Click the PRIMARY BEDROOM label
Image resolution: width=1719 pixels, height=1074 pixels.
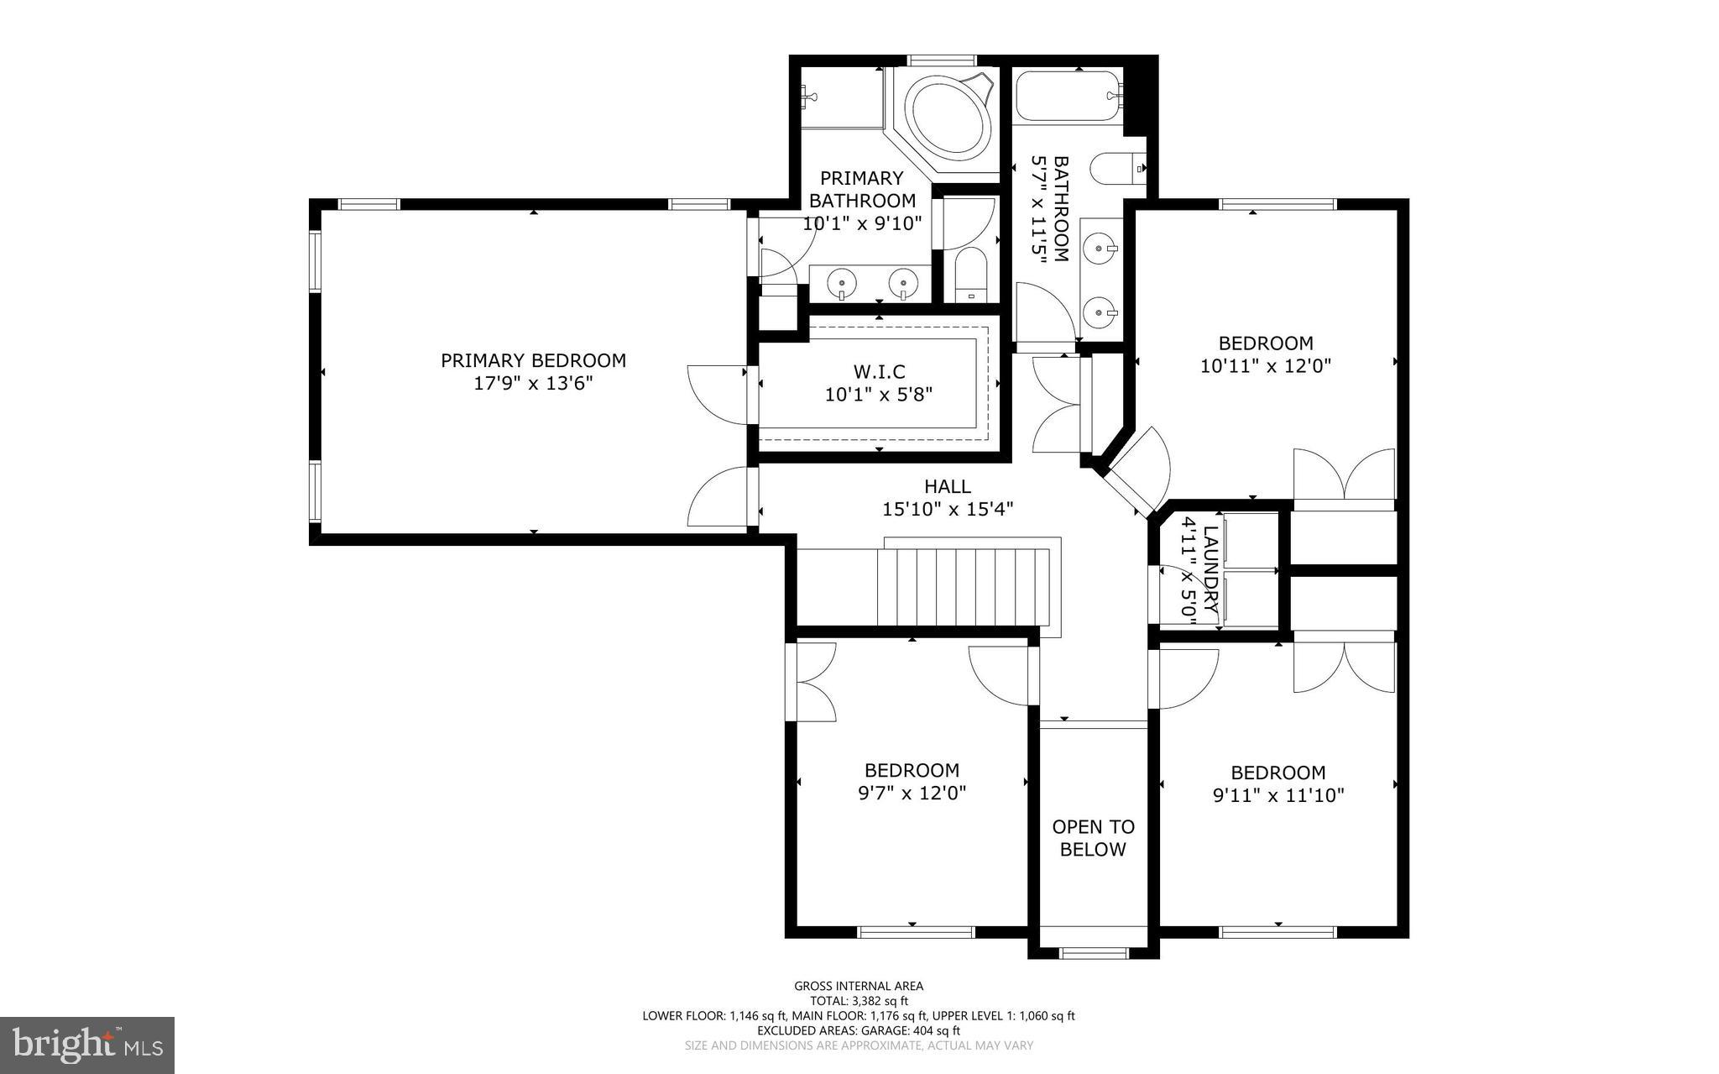click(533, 361)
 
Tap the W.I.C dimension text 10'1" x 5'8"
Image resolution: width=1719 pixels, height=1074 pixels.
click(879, 395)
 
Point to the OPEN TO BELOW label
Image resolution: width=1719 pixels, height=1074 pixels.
click(1093, 837)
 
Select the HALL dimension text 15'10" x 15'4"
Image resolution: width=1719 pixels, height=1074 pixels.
click(948, 509)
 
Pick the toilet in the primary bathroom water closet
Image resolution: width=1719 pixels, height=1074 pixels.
click(972, 275)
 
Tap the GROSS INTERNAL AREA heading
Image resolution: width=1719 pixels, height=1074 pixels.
click(859, 986)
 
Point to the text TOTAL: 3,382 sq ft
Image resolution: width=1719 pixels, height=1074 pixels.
click(859, 1001)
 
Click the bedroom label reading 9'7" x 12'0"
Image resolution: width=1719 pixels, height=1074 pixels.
click(912, 794)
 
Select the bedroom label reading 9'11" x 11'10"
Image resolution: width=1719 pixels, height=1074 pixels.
click(1278, 795)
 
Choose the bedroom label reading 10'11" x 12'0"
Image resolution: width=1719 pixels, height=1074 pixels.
click(1266, 366)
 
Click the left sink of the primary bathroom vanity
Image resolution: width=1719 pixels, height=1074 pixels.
click(841, 283)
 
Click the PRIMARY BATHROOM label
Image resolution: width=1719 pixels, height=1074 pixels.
click(862, 189)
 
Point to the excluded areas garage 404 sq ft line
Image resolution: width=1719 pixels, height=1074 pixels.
click(859, 1030)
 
